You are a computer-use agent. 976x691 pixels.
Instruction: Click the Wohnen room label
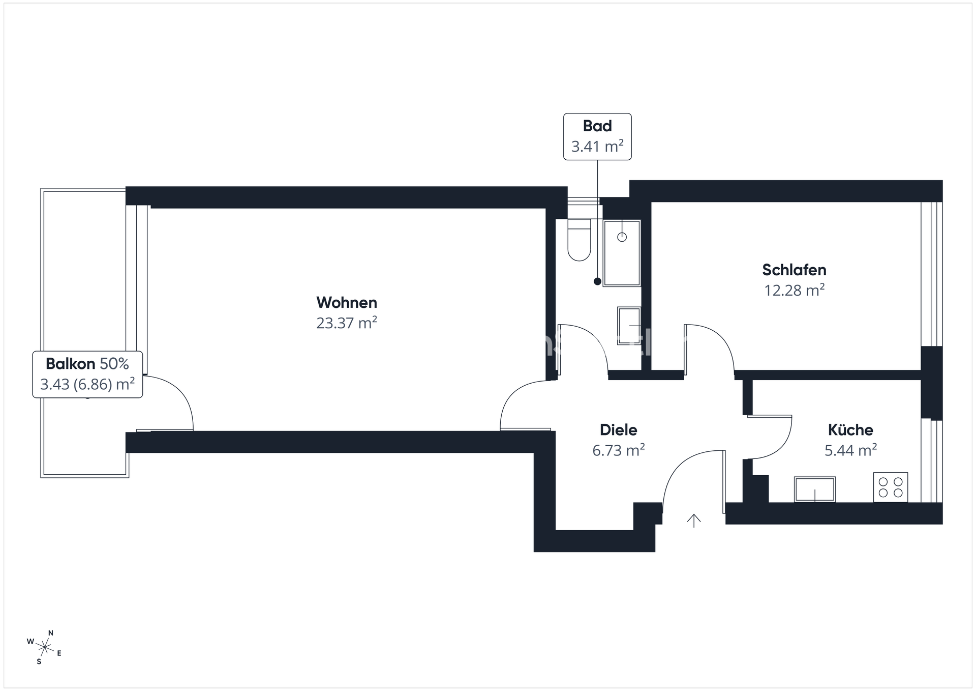(x=347, y=303)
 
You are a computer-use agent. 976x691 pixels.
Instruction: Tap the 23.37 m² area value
(x=347, y=323)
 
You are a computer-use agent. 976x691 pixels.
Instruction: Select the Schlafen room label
(x=794, y=270)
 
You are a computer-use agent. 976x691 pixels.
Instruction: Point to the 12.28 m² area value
(x=794, y=290)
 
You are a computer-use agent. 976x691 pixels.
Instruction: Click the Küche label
(x=850, y=430)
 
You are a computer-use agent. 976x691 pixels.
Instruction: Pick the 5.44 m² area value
(x=850, y=450)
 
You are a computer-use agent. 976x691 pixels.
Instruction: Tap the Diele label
(x=619, y=430)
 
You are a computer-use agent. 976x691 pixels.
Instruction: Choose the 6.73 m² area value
(x=619, y=450)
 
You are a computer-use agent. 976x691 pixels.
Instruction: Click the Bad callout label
(x=597, y=126)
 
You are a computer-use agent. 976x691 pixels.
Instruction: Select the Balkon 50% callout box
(x=87, y=374)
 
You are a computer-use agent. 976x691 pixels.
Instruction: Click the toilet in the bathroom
(x=579, y=239)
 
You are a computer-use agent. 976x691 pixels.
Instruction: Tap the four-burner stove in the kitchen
(x=891, y=487)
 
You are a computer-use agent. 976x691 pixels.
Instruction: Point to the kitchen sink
(x=815, y=489)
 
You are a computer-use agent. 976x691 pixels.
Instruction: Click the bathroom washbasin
(x=629, y=326)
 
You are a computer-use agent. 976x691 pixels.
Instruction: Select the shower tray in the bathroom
(x=622, y=253)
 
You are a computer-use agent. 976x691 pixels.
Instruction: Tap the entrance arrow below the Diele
(x=694, y=520)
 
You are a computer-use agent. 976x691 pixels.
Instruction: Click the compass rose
(x=45, y=647)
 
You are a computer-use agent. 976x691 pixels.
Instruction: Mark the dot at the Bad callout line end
(x=597, y=281)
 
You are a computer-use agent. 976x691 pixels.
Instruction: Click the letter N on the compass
(x=50, y=633)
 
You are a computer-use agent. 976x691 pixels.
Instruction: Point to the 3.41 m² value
(x=597, y=147)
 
